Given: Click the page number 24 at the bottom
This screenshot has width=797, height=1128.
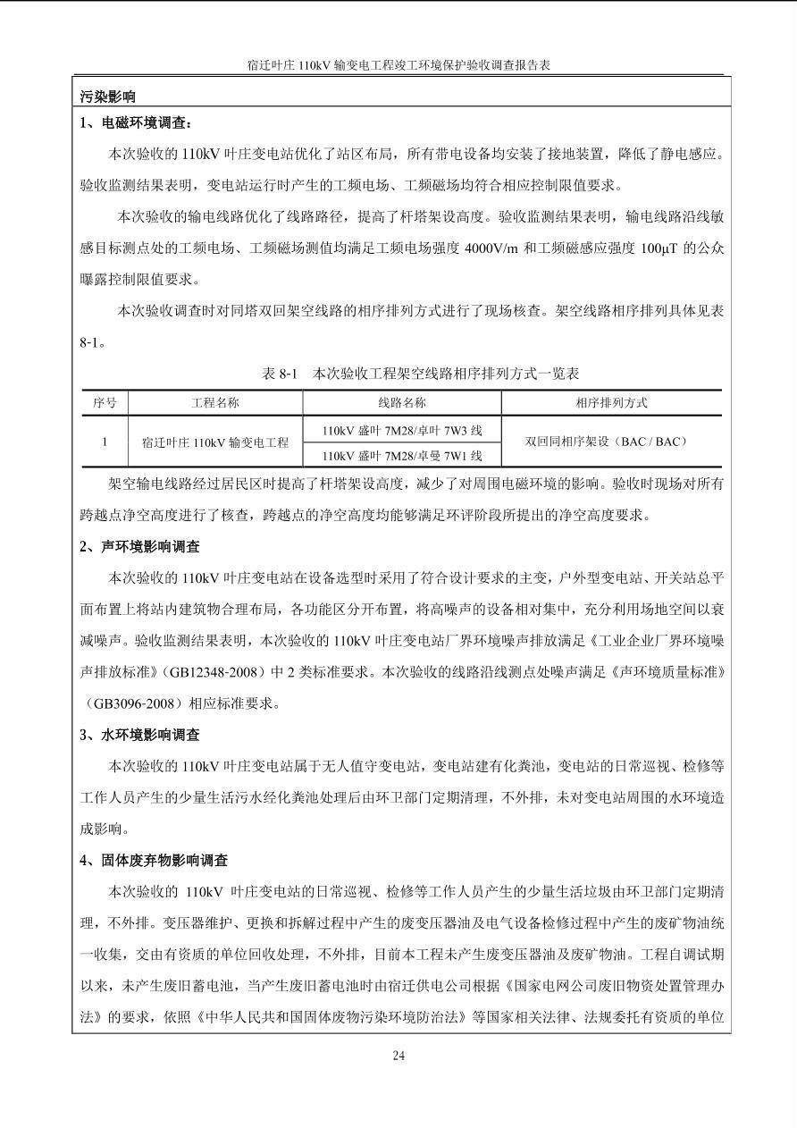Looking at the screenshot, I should (398, 1056).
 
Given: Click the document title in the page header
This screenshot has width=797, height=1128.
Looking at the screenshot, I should (398, 65).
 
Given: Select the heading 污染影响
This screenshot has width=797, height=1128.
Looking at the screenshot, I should (108, 97).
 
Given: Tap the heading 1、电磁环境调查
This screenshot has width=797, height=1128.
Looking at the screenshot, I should (136, 123).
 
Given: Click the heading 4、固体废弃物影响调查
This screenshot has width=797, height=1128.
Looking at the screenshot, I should (154, 860).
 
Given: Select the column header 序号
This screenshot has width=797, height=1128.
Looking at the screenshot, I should (105, 403).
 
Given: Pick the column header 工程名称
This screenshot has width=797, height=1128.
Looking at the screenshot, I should (215, 403).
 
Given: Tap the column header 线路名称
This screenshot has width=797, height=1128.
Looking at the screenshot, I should (402, 403).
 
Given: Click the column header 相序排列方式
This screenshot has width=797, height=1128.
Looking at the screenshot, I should (611, 403).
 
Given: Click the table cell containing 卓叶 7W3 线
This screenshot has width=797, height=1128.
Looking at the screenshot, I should (402, 430).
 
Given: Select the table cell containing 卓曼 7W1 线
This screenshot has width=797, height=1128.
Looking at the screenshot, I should (402, 456).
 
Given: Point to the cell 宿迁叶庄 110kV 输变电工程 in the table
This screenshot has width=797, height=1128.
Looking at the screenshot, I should (215, 442).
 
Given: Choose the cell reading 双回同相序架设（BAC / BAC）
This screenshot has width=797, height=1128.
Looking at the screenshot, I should (611, 442).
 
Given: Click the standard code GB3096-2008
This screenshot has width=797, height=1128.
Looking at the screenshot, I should (135, 703).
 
